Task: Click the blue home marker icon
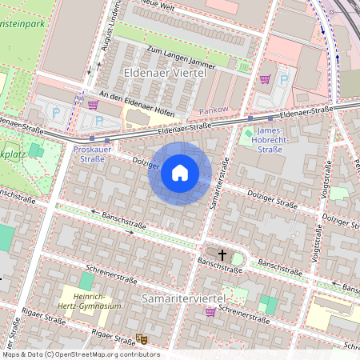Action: coord(180,173)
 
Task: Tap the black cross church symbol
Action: coord(222,255)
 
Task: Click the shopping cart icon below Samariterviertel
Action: coord(210,312)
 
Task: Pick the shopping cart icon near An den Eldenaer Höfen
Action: coord(93,104)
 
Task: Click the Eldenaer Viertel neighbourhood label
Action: coord(165,73)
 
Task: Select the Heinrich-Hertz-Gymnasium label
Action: coord(92,301)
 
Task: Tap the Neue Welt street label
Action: coord(158,4)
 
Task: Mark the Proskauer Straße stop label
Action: coord(89,154)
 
